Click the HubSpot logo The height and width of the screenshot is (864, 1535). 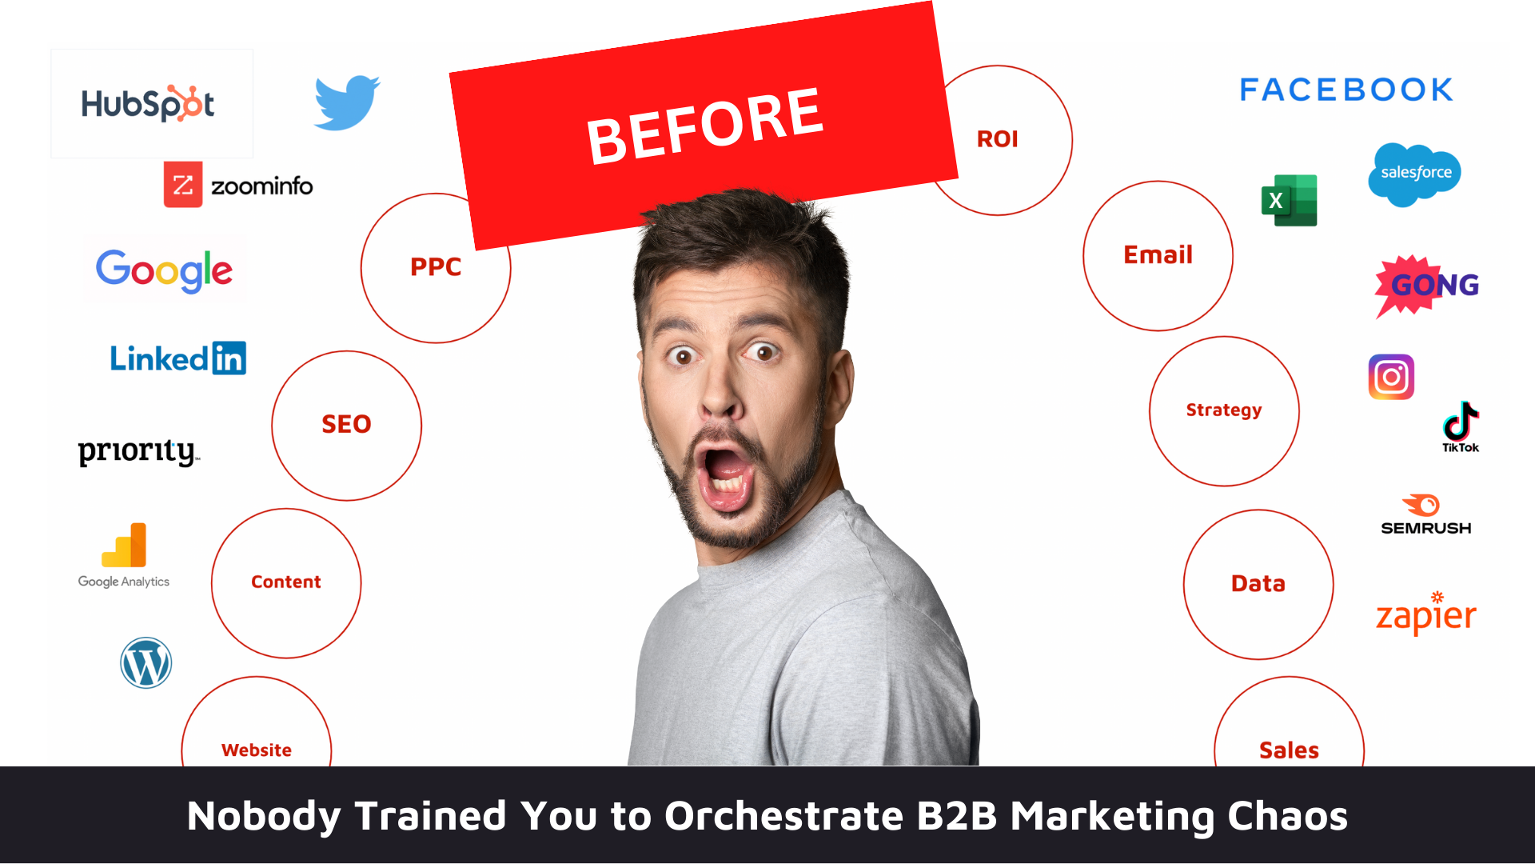click(x=148, y=103)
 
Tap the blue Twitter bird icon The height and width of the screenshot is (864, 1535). click(x=347, y=102)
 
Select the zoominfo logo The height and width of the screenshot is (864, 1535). click(x=238, y=185)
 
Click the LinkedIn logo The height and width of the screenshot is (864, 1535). click(x=177, y=358)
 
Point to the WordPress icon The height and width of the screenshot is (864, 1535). click(x=146, y=662)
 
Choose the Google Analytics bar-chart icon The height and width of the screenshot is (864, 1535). click(x=124, y=545)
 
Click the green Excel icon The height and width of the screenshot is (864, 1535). click(x=1289, y=200)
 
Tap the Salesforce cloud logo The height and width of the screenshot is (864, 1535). click(x=1414, y=174)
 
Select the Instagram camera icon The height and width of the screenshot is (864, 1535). click(x=1391, y=377)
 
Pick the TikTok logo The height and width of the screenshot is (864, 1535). click(x=1461, y=427)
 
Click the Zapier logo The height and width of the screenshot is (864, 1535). click(x=1426, y=614)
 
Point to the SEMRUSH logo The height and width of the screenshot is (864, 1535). click(x=1425, y=515)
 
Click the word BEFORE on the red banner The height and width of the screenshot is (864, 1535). click(x=704, y=126)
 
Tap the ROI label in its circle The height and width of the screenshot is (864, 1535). click(x=998, y=139)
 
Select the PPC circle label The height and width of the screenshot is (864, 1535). click(x=436, y=266)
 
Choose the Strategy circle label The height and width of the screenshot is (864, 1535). click(x=1224, y=410)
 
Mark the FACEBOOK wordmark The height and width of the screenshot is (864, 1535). click(x=1346, y=90)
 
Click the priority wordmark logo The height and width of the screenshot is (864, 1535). click(x=138, y=452)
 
